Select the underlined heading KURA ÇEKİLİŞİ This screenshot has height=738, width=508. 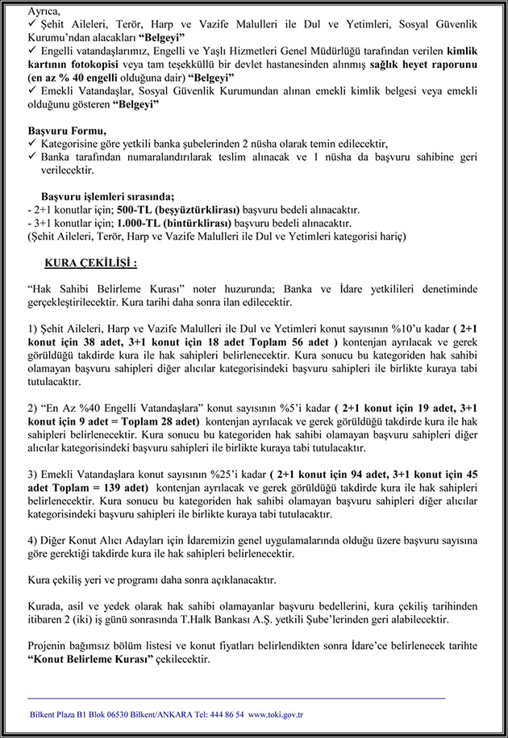pos(91,262)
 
